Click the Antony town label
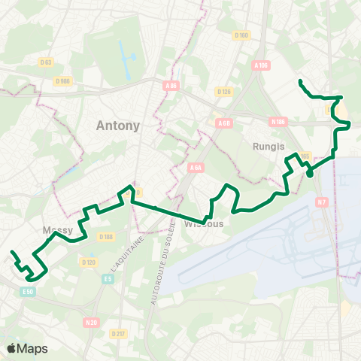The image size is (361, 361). click(118, 126)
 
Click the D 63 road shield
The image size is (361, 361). click(46, 62)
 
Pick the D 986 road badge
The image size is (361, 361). click(63, 80)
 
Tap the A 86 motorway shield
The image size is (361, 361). click(171, 86)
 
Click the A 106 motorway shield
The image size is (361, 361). click(262, 65)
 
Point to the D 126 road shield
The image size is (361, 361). click(224, 92)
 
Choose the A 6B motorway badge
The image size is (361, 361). click(223, 123)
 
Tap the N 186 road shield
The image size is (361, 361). click(278, 120)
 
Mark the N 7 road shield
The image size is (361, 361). click(322, 202)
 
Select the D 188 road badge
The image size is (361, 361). click(105, 237)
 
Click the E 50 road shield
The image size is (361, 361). click(29, 290)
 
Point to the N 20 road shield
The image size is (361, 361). click(92, 322)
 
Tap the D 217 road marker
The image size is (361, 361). click(118, 333)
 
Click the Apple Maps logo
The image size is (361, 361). click(27, 348)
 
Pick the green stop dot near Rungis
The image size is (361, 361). click(309, 174)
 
